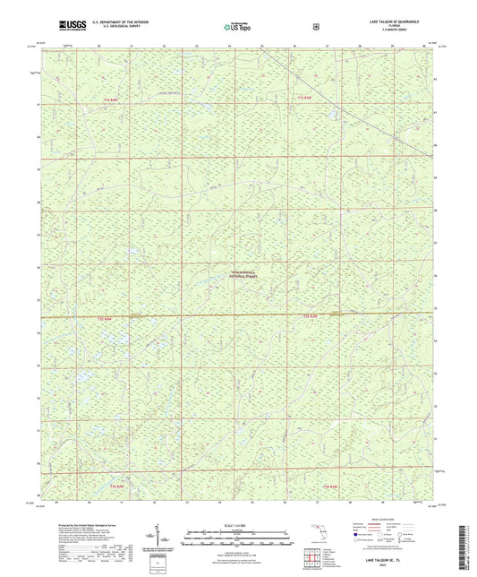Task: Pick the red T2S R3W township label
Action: click(310, 317)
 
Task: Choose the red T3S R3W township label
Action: click(330, 486)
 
